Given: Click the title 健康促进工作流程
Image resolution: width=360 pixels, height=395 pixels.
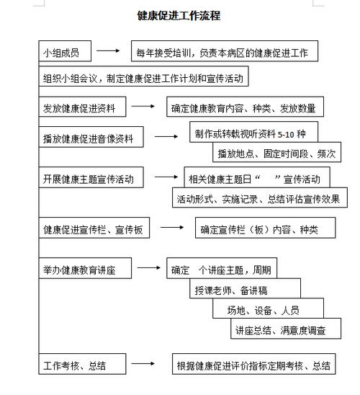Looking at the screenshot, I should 179,15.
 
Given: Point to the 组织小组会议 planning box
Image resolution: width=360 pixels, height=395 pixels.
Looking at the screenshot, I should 144,78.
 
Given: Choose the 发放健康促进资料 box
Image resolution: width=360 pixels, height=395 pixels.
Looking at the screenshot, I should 83,109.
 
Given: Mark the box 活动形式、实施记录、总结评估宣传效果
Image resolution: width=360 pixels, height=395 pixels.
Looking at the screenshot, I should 256,197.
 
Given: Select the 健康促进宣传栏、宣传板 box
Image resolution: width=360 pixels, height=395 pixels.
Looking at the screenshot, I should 94,230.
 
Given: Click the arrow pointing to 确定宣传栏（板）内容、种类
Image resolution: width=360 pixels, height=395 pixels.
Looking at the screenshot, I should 171,228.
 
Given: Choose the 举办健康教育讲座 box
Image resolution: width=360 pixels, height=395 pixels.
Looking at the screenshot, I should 86,270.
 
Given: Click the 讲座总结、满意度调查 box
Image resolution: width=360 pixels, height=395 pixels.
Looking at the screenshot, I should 278,330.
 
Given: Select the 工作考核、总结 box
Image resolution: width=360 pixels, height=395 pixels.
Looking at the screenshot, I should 82,365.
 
